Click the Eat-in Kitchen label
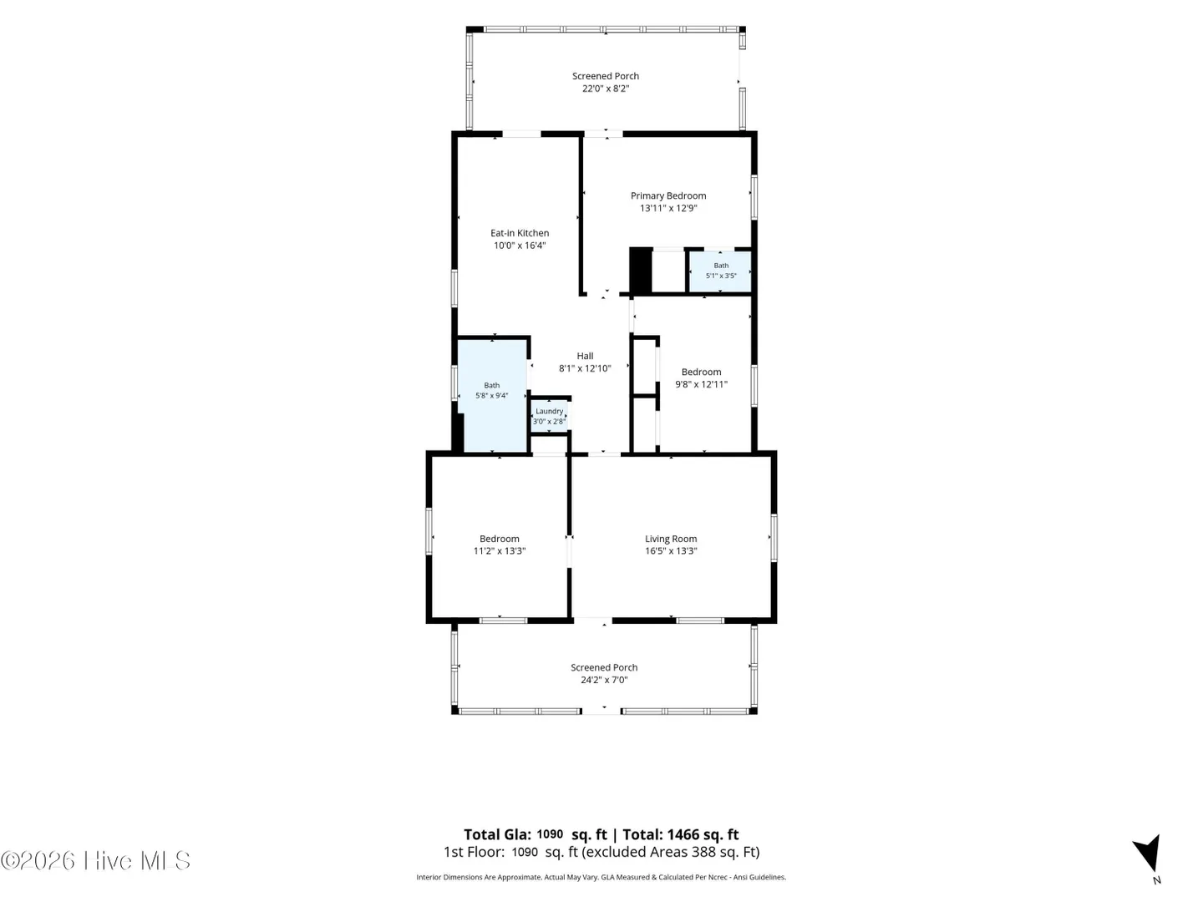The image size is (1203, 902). [519, 233]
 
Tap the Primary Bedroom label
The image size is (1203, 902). [668, 195]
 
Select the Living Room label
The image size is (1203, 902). [671, 539]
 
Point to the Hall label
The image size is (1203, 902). [585, 356]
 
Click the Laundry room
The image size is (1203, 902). [549, 417]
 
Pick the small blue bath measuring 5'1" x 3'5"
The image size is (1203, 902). [720, 271]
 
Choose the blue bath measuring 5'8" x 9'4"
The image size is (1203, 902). [493, 396]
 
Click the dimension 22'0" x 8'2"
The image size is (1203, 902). [606, 89]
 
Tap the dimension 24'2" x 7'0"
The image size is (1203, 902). [604, 680]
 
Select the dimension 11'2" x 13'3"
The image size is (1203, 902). [500, 551]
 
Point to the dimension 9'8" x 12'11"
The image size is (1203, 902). [701, 384]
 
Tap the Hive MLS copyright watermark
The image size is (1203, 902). [95, 860]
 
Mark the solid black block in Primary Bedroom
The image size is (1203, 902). [640, 271]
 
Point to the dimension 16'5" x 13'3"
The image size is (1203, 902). [671, 551]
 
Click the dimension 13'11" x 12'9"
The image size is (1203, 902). [668, 208]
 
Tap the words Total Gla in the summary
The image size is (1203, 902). [497, 834]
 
